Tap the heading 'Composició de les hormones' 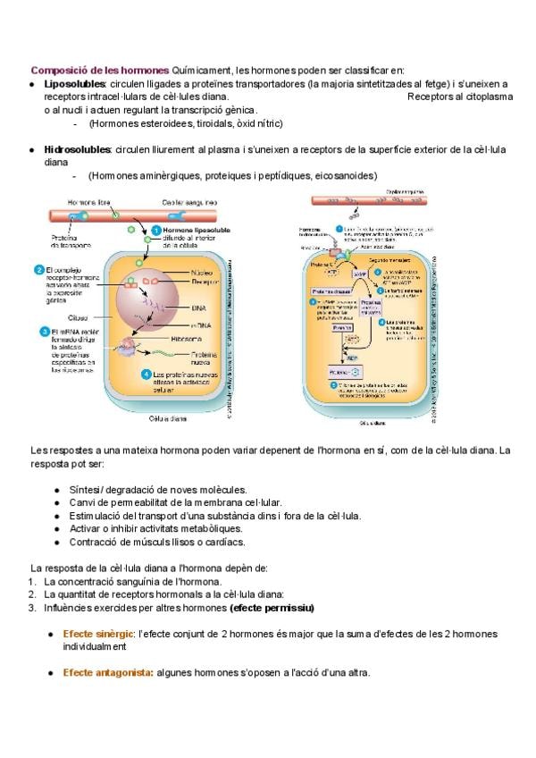pos(100,70)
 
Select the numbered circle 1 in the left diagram pos(155,231)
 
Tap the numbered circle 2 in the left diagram pos(39,269)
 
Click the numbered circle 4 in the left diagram pos(146,374)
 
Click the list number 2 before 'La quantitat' pos(31,594)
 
